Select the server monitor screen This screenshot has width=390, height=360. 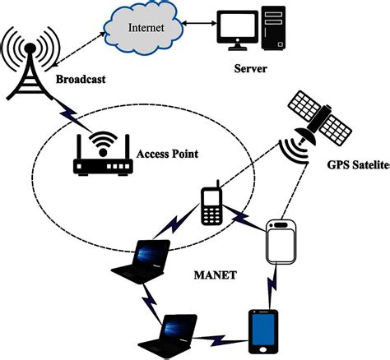click(x=234, y=29)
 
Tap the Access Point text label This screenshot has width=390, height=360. click(x=168, y=154)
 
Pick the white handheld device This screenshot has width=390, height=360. click(x=281, y=239)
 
